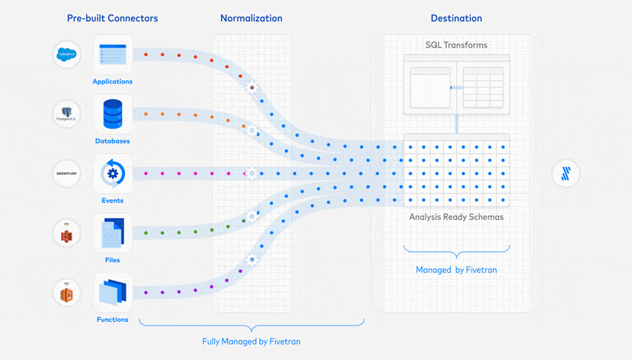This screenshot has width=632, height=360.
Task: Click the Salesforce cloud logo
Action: (x=67, y=55)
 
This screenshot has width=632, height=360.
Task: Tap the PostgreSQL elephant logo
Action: (x=67, y=115)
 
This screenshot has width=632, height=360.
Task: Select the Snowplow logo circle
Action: (x=67, y=173)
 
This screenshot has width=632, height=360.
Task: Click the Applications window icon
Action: (x=112, y=54)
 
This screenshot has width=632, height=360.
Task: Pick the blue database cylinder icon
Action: (x=112, y=114)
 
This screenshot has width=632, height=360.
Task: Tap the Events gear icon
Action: (x=112, y=173)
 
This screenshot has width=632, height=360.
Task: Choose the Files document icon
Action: (x=112, y=233)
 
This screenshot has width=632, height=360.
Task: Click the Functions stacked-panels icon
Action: (x=112, y=292)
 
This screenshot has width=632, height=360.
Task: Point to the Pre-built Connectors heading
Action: (x=112, y=18)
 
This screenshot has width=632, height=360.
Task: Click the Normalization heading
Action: (x=251, y=18)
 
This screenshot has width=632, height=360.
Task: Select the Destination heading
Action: (x=456, y=18)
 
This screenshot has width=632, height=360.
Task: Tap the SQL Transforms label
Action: (x=456, y=45)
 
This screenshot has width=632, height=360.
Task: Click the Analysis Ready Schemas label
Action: (x=456, y=217)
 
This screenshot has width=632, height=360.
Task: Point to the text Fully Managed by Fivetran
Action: (x=251, y=342)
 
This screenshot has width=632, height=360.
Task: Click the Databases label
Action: (x=112, y=141)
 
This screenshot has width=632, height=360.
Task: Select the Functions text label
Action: (x=112, y=320)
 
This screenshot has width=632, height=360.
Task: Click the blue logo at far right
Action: (x=566, y=174)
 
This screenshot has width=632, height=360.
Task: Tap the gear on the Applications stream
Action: (x=252, y=87)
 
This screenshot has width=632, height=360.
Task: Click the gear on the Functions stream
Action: (x=252, y=259)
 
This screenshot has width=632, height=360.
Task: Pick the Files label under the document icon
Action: (x=112, y=260)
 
